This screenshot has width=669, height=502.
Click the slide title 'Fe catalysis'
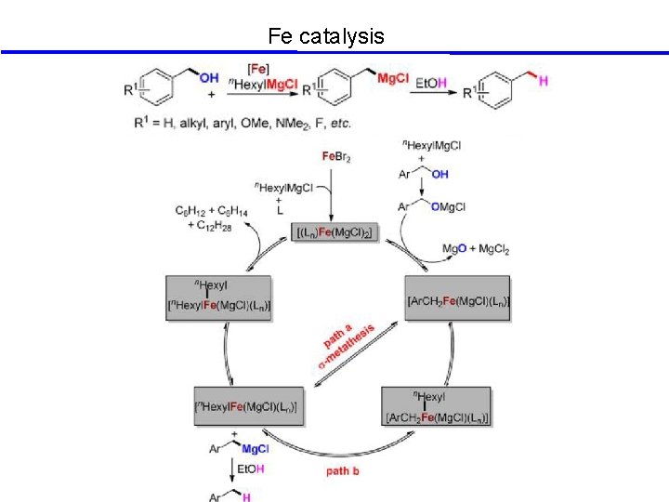[x=325, y=36]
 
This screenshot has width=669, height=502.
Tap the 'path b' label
[x=342, y=471]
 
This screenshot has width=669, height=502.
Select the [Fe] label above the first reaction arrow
[x=260, y=69]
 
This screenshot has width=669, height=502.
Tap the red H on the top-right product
[x=543, y=82]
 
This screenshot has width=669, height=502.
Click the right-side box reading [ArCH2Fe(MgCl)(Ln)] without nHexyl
[x=457, y=299]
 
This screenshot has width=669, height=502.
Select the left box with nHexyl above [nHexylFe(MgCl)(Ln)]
[x=218, y=298]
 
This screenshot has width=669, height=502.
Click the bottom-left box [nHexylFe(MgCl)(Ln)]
[x=248, y=406]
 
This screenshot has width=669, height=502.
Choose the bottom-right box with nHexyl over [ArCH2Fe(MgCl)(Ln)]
[x=435, y=407]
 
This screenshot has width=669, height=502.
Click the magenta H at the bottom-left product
[x=246, y=498]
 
